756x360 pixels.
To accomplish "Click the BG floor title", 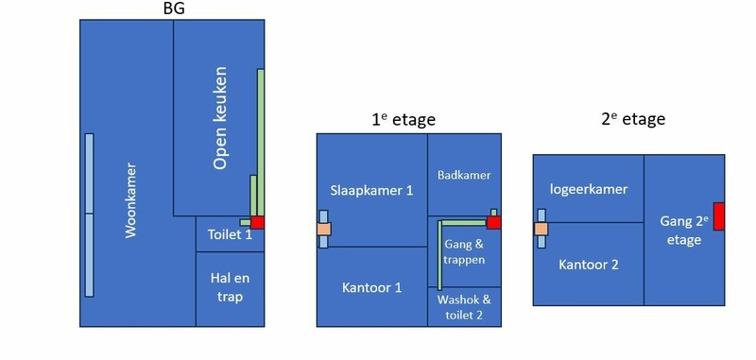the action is tap(174, 9).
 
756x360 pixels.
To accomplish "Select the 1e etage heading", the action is tap(404, 119).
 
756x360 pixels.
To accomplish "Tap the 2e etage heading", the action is tap(633, 118).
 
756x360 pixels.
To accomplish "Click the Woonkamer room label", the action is tap(130, 200).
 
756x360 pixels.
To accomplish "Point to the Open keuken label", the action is tap(220, 118).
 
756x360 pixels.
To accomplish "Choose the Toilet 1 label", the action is tap(230, 234).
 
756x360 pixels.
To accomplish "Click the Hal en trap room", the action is tap(230, 289).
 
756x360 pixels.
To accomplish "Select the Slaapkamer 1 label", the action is tap(371, 190).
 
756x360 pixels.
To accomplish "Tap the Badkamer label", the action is tap(464, 175).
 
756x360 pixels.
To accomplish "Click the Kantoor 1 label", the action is tap(371, 287).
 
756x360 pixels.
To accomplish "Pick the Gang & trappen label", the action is tap(464, 251).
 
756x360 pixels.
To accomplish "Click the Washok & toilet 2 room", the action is tap(464, 307).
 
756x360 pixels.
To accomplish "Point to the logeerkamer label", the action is tap(589, 189).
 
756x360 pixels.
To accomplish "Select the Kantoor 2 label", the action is tap(589, 265).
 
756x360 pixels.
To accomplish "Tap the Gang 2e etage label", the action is tap(683, 231).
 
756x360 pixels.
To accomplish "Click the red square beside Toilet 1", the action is tap(257, 222).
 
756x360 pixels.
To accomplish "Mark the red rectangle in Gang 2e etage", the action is tap(719, 216).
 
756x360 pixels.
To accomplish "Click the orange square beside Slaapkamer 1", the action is tap(324, 229).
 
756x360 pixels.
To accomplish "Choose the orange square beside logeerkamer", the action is tap(541, 229).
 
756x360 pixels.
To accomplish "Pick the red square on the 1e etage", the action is tap(493, 223).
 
